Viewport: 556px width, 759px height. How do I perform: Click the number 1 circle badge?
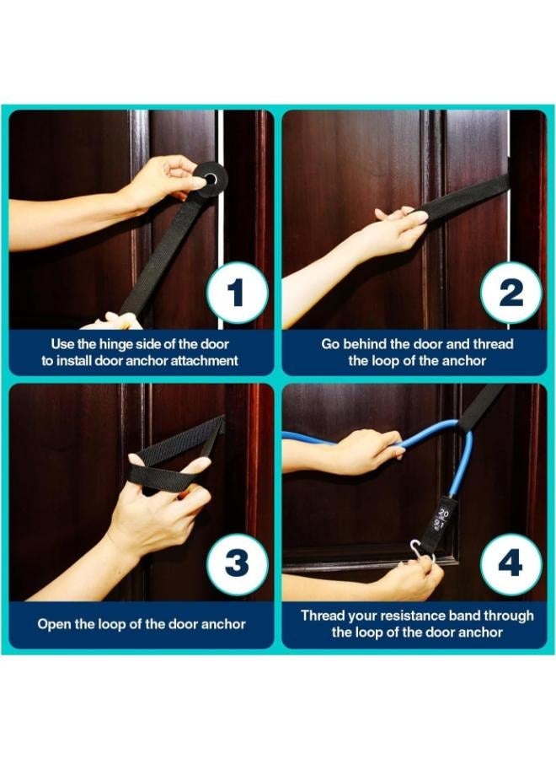pos(237,293)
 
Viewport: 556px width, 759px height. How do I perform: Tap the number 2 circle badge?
pos(511,293)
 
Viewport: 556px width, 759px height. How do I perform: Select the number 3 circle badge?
pos(237,564)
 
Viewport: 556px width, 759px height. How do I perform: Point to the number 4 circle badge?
pos(511,564)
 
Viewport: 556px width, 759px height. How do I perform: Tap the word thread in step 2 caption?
pos(493,344)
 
